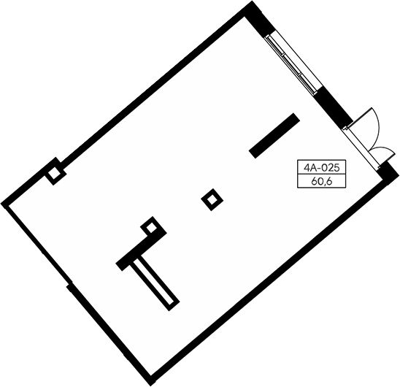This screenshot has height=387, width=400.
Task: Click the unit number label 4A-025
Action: pos(321,168)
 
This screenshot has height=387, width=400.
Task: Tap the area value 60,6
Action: pos(322,182)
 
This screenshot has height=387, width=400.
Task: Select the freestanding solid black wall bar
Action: pos(274,136)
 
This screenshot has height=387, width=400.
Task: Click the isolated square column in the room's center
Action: pos(212,200)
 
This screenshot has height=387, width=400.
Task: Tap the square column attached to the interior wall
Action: pos(151,227)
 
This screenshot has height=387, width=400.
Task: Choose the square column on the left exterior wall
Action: pos(55,175)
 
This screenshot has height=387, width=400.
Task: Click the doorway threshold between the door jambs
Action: pos(361,148)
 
